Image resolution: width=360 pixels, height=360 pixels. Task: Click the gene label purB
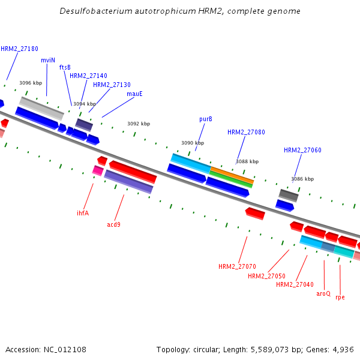point(206,119)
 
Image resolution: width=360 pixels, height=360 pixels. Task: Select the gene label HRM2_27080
point(246,132)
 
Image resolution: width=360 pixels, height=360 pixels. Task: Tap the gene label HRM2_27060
point(302,150)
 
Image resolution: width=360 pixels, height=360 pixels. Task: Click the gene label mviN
point(48,60)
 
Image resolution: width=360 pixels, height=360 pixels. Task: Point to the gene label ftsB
point(65,67)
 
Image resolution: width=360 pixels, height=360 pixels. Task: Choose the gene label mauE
point(134,94)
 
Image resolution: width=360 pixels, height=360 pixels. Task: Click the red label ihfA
point(83,213)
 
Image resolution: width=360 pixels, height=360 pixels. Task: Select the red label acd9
point(114,224)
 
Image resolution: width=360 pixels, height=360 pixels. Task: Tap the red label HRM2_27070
point(237,266)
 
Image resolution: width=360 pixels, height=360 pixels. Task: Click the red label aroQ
point(323,293)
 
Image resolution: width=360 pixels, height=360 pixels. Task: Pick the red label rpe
point(340,297)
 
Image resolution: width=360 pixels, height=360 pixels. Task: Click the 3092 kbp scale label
point(139,124)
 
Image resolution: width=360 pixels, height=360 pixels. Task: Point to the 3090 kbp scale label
point(193,143)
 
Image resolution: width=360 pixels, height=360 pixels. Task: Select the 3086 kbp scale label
point(302,179)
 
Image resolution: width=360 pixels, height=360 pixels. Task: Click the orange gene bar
point(231,175)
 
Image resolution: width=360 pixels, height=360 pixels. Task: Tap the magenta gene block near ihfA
point(98,170)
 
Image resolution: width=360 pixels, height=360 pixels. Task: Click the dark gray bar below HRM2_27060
point(289,195)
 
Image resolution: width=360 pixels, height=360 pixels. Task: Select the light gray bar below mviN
point(41,107)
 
